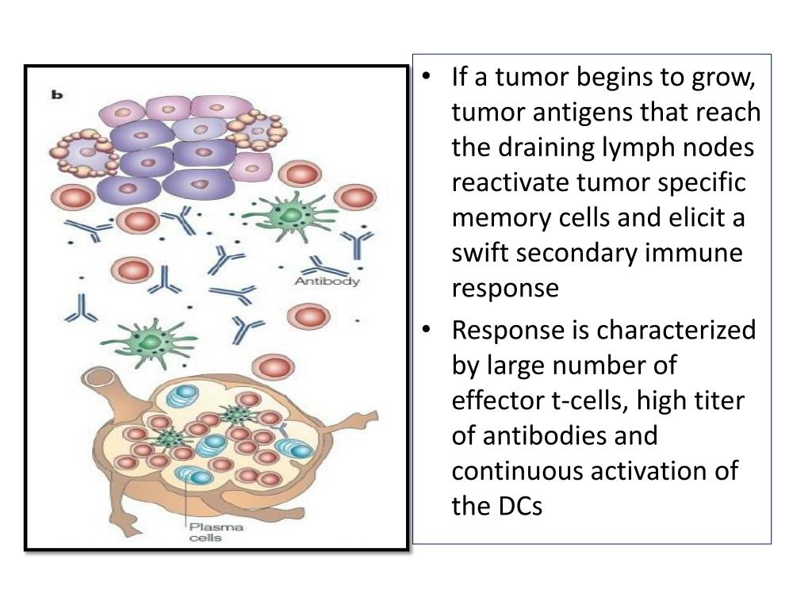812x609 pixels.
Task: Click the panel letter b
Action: tap(57, 94)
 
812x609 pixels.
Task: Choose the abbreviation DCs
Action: tap(519, 505)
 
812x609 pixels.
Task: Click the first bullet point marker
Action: tap(428, 78)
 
